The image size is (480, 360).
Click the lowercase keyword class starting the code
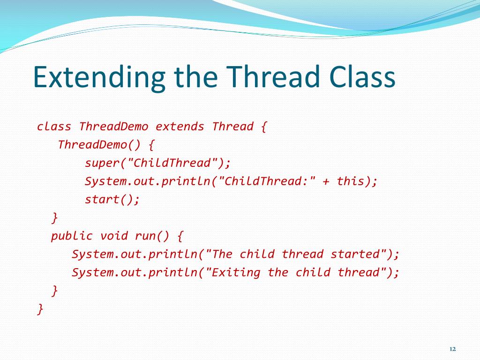(54, 127)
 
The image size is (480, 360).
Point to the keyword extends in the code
(180, 127)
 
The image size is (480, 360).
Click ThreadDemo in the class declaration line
(113, 127)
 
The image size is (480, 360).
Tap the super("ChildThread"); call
(158, 163)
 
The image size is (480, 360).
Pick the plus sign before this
(326, 181)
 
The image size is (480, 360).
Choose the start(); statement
(112, 200)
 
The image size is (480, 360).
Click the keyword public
(72, 236)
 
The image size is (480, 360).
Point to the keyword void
(114, 236)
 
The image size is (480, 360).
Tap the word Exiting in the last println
(236, 272)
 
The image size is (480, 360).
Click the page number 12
(452, 349)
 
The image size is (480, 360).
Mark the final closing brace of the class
(41, 309)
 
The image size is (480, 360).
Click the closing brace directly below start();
(55, 218)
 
